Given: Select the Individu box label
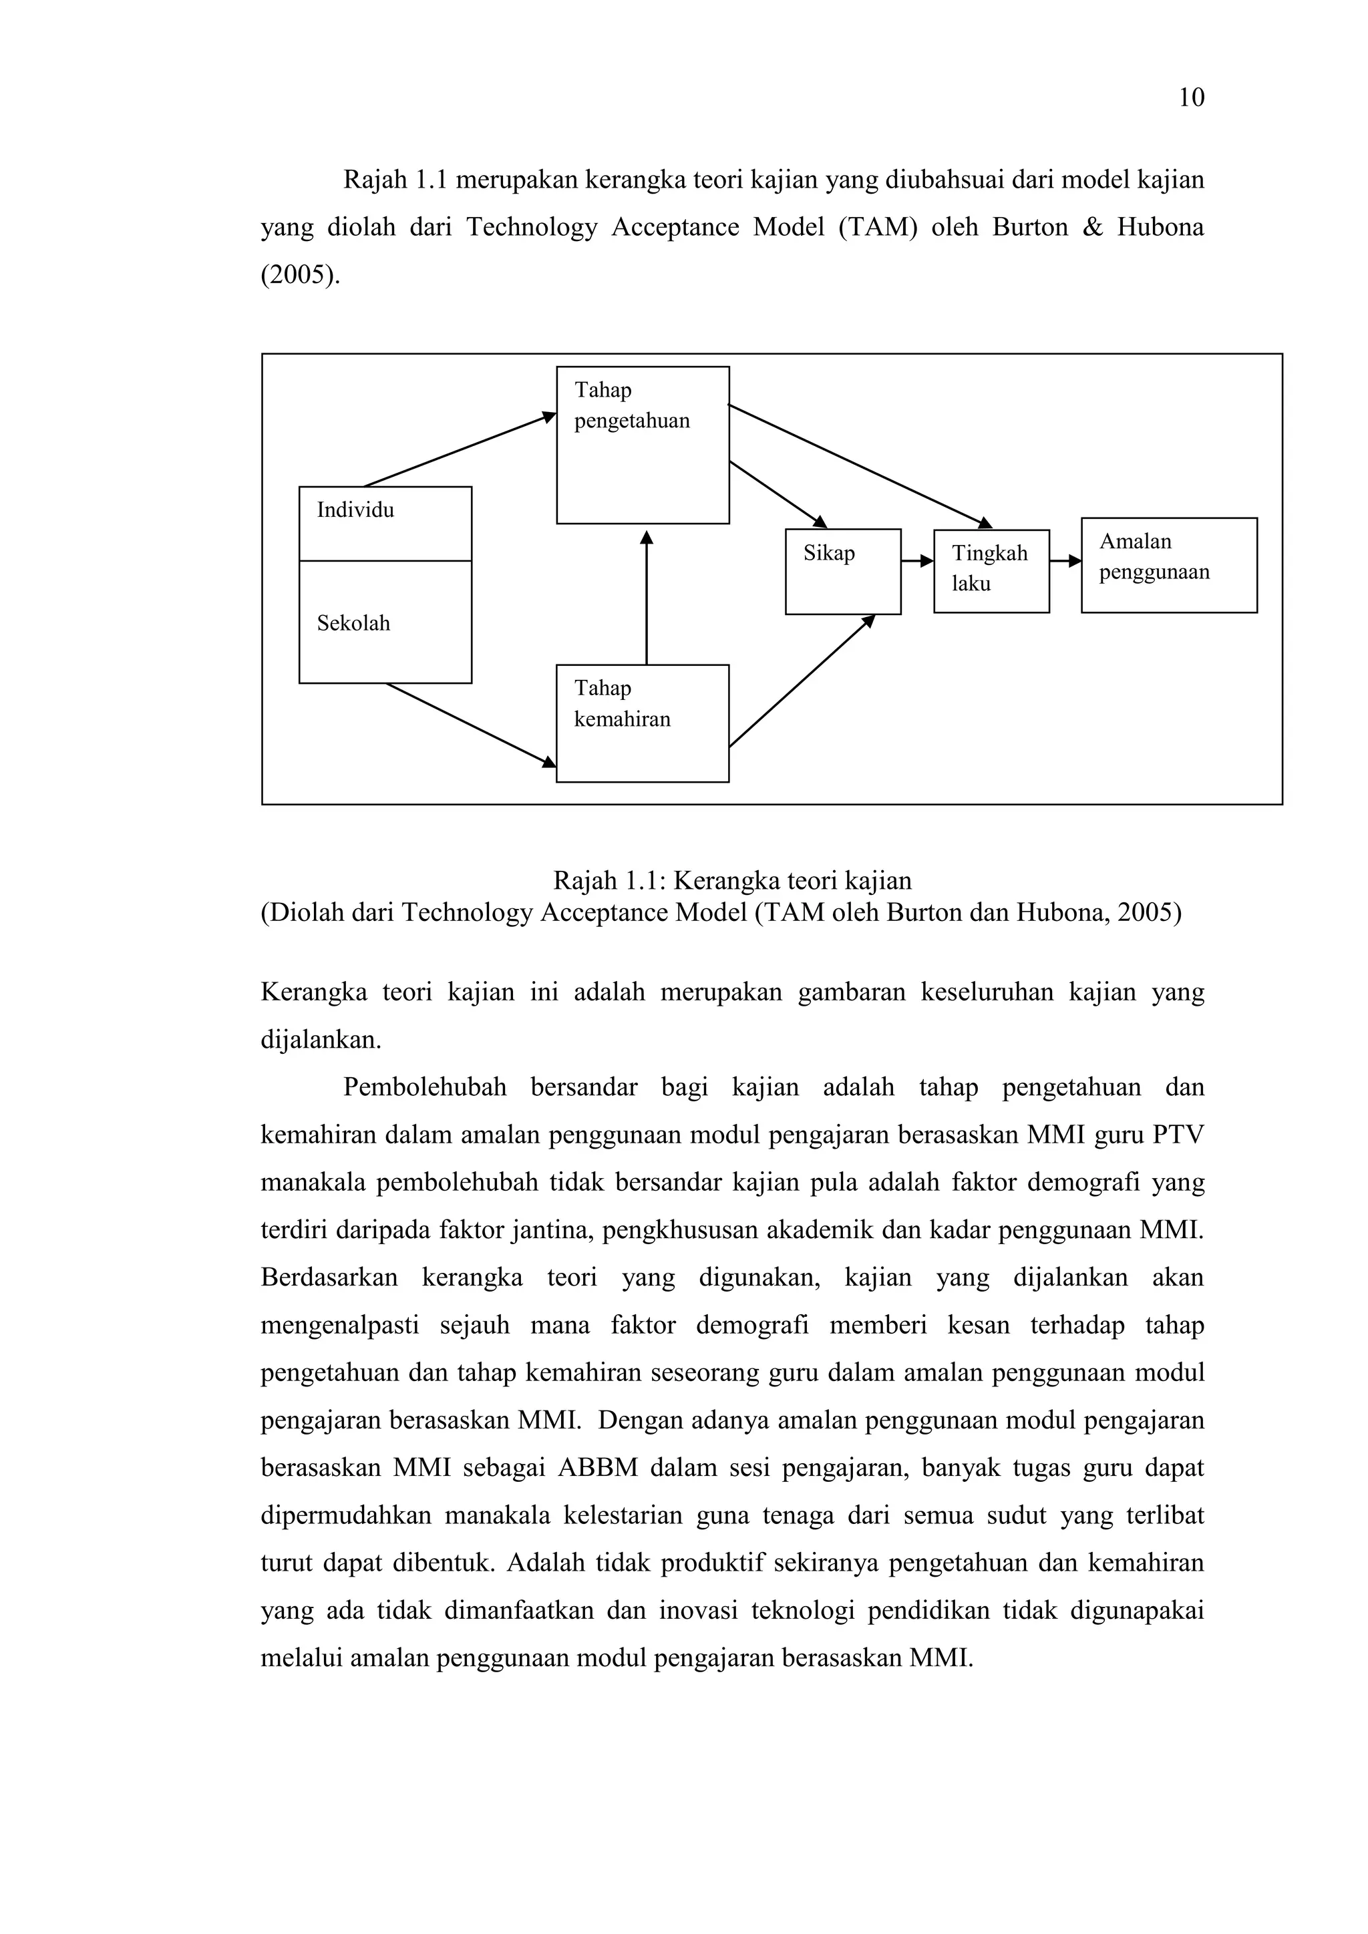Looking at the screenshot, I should point(355,510).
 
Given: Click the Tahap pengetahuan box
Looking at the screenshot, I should point(643,445).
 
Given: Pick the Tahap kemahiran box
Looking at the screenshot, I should point(643,723).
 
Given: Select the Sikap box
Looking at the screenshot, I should point(842,572).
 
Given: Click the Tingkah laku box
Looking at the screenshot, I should point(991,571).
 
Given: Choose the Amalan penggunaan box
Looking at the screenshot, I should point(1168,565).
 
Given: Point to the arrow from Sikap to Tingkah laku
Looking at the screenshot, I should point(917,561).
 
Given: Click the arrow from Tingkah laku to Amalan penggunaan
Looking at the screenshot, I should point(1065,561).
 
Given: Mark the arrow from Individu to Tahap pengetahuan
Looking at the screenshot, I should point(459,450).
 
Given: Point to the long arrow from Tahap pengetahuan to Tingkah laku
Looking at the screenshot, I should point(859,467).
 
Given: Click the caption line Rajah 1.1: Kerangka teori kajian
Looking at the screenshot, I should point(732,881).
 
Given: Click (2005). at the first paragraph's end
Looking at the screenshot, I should point(301,275).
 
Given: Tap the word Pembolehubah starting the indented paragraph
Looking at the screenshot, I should point(425,1087).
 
